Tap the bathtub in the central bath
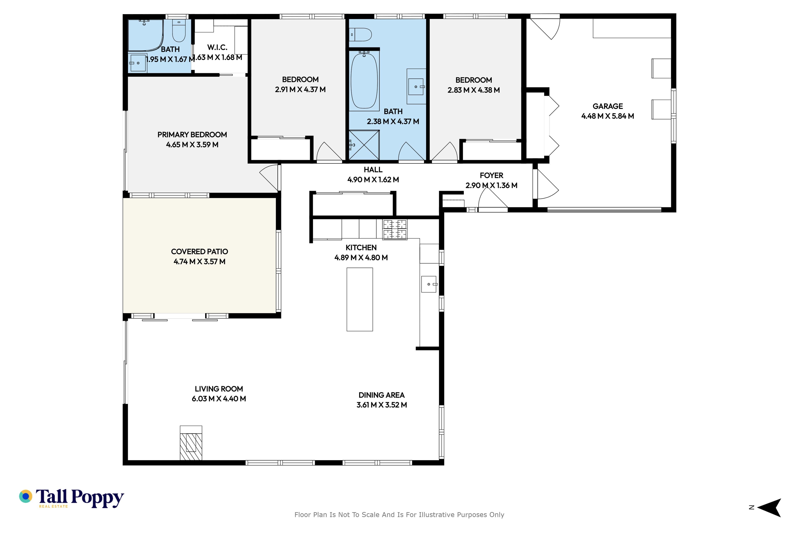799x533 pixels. (x=364, y=81)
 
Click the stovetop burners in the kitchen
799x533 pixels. (x=395, y=229)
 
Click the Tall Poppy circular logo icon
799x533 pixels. (x=25, y=496)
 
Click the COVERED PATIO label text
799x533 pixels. (x=199, y=252)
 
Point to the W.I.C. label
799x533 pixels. (x=217, y=47)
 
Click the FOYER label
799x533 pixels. (x=491, y=175)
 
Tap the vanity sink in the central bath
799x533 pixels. (x=416, y=87)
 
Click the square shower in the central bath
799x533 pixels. (x=364, y=145)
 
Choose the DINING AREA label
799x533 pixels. (x=381, y=395)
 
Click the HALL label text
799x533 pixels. (x=373, y=170)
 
